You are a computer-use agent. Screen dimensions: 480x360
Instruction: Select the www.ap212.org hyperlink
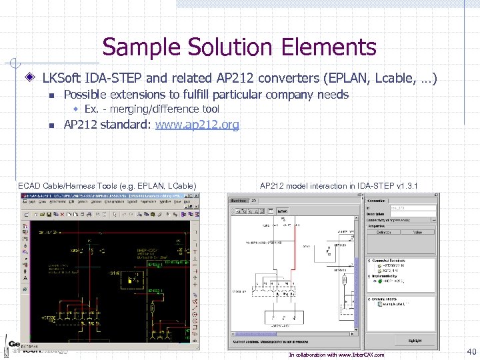point(197,125)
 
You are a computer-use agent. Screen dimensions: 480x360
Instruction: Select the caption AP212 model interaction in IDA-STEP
point(339,185)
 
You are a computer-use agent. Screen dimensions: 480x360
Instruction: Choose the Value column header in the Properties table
point(417,232)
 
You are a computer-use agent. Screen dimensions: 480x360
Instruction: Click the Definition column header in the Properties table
point(385,232)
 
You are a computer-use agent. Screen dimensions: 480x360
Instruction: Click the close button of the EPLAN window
point(196,197)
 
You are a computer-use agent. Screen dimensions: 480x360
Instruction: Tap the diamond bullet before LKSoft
point(30,79)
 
